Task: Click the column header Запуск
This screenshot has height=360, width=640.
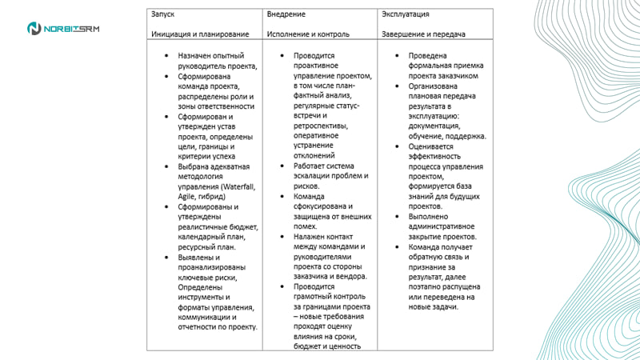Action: click(x=162, y=14)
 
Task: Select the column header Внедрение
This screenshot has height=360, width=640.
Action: click(x=286, y=14)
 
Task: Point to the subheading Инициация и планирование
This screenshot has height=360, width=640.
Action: click(x=200, y=34)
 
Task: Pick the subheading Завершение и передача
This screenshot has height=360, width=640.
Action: click(x=424, y=34)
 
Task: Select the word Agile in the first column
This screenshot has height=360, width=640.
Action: click(x=187, y=196)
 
